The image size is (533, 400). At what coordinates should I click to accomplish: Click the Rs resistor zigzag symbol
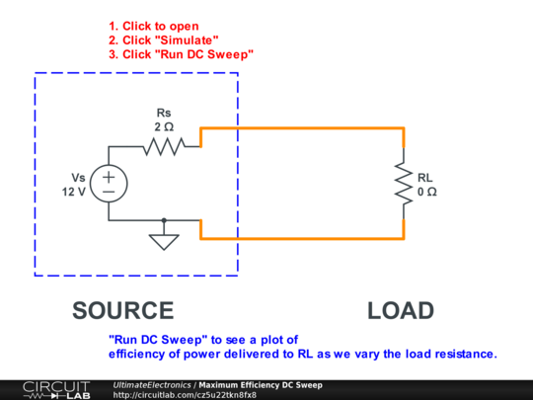[x=164, y=146]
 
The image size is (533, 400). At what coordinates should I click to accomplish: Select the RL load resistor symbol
[x=404, y=184]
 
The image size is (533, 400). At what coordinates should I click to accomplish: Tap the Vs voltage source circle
[x=109, y=184]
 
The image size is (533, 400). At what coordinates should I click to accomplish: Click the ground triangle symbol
[x=164, y=242]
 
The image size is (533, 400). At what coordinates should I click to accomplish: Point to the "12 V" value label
[x=74, y=192]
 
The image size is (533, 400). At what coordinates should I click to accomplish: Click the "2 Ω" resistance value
[x=164, y=126]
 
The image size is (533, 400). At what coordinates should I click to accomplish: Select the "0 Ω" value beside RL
[x=427, y=192]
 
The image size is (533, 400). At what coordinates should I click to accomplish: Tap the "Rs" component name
[x=164, y=113]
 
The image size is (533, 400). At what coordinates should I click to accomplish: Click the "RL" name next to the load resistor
[x=424, y=178]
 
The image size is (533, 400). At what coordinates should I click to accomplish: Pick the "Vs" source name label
[x=78, y=178]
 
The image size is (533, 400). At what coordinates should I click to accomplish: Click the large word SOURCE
[x=123, y=310]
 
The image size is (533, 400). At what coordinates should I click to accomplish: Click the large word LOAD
[x=401, y=310]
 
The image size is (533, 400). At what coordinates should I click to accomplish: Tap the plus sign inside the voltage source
[x=109, y=177]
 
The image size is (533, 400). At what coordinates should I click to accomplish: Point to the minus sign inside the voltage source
[x=109, y=192]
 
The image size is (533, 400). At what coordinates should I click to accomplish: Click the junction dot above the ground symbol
[x=164, y=220]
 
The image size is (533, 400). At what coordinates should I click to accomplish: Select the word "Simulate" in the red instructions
[x=187, y=40]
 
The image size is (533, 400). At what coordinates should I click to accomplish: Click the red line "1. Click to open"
[x=154, y=27]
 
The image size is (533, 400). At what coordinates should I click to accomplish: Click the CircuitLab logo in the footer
[x=57, y=390]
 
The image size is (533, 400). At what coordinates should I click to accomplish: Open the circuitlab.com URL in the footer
[x=185, y=395]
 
